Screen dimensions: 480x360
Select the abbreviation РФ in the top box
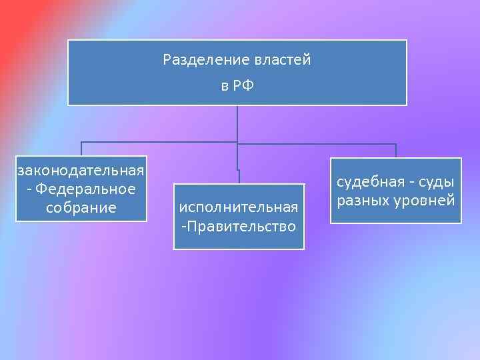245,86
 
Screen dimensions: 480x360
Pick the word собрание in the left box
81,208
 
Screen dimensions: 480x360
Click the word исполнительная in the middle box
238,208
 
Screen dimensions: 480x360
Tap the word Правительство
241,227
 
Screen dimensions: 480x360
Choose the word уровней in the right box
424,200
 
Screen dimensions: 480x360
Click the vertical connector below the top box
237,123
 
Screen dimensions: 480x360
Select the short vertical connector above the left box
81,149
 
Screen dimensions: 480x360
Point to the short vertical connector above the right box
396,151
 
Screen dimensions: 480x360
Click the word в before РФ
225,86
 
